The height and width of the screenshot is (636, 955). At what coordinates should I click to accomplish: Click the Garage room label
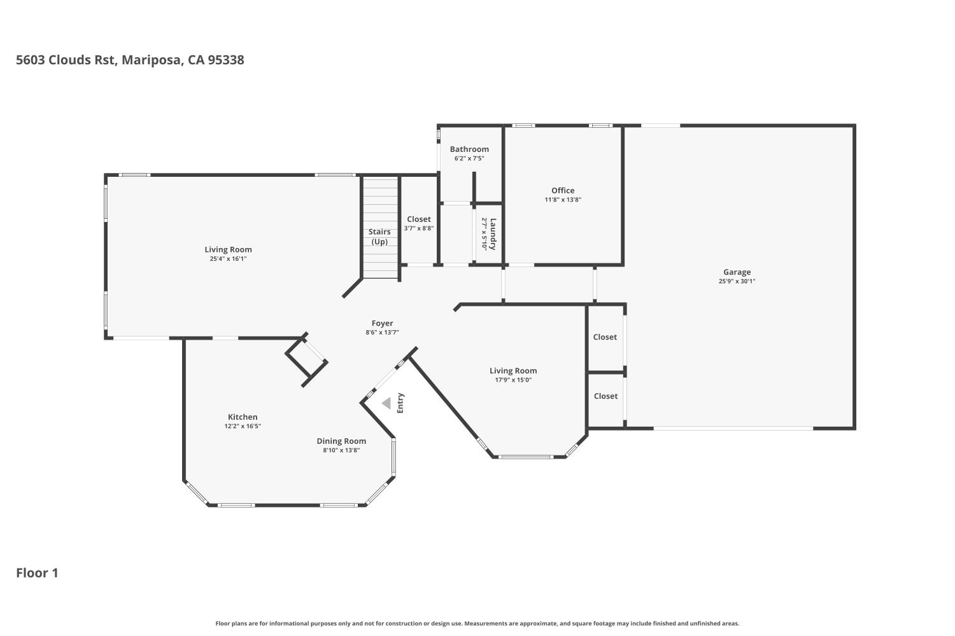point(737,272)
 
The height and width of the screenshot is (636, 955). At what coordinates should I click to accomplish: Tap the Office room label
point(563,190)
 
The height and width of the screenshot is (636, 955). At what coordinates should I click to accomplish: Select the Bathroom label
point(469,149)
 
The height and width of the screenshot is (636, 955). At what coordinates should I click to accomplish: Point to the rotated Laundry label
point(493,234)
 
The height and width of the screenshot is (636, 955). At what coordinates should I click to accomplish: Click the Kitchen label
point(243,417)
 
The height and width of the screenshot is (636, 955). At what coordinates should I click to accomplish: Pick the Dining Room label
point(341,441)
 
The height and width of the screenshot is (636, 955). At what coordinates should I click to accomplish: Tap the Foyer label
point(382,323)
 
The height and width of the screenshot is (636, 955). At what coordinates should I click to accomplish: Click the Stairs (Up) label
point(379,237)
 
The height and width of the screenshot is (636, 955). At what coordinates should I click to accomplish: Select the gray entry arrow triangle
point(386,403)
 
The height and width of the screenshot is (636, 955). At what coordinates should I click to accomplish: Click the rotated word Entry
point(400,403)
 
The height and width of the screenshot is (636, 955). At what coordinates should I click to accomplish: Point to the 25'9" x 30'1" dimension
point(737,281)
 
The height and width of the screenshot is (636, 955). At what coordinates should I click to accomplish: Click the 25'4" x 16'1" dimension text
point(228,259)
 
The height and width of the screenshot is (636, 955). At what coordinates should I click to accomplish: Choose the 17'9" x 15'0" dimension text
point(513,380)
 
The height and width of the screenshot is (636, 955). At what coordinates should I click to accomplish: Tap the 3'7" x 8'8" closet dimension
point(419,228)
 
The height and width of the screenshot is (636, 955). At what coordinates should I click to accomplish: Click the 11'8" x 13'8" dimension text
point(563,200)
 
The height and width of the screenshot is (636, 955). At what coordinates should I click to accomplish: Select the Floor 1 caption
point(37,573)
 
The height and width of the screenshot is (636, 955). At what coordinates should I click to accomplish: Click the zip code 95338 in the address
point(226,60)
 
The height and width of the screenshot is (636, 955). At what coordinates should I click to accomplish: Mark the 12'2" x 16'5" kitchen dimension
point(243,426)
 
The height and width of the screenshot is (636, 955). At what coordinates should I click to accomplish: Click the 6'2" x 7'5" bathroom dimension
point(469,158)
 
